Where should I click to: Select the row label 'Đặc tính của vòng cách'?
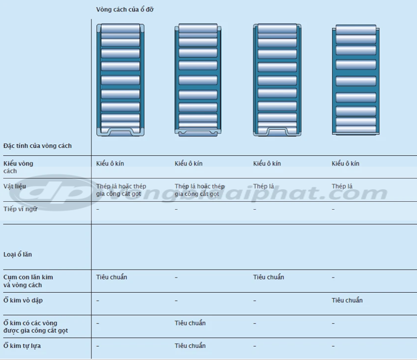[37, 146]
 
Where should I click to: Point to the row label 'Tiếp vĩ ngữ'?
[19, 209]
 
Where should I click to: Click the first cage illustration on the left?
[120, 79]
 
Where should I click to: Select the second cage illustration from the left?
[198, 79]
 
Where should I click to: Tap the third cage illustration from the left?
[276, 79]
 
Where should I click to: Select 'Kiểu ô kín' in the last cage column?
[345, 164]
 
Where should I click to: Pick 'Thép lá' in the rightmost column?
[342, 186]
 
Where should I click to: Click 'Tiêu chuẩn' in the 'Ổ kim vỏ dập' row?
[347, 300]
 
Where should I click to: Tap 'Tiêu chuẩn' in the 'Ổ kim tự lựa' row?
[190, 345]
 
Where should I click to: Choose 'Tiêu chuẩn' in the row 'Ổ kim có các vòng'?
[190, 323]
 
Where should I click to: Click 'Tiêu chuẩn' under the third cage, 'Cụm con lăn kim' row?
[269, 277]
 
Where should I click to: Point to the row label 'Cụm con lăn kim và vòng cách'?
[28, 281]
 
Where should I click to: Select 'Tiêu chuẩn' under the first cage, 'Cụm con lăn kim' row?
[112, 277]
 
